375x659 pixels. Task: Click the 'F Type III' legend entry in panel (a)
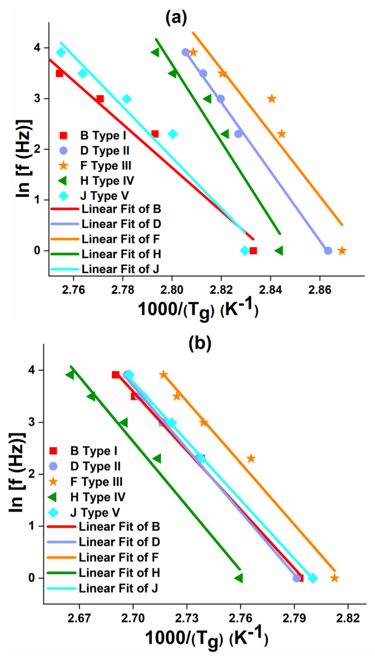[x=106, y=166]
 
